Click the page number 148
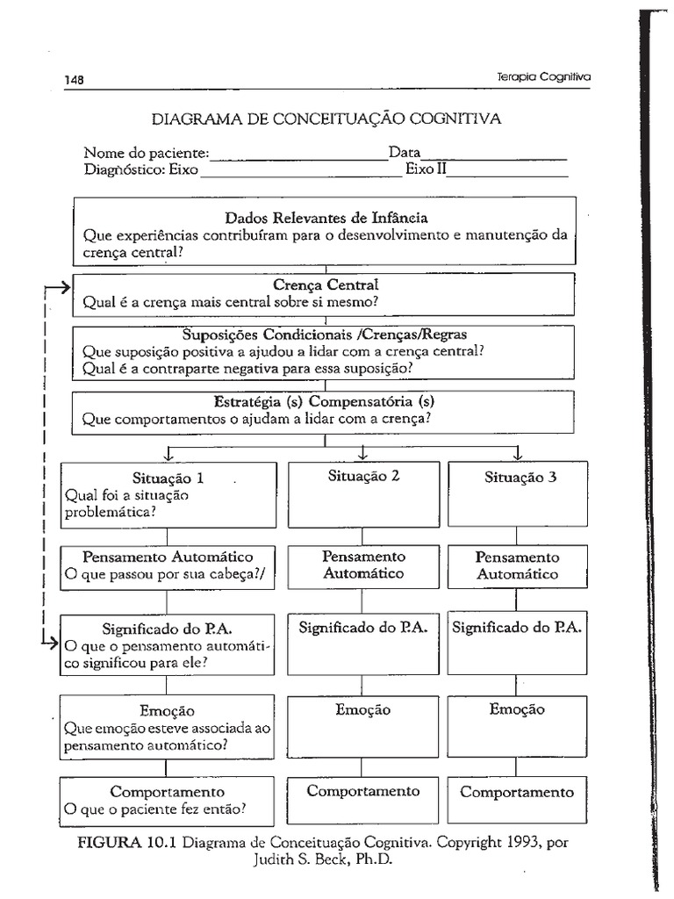click(74, 79)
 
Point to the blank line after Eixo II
click(506, 173)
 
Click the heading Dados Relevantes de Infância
click(326, 218)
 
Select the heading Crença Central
click(326, 285)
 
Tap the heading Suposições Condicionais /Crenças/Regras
click(326, 334)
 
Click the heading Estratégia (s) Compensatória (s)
click(325, 402)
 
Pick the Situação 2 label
click(364, 476)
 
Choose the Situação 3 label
click(520, 478)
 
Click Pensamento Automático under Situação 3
click(517, 565)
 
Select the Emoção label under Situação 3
click(517, 709)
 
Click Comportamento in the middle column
click(363, 791)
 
